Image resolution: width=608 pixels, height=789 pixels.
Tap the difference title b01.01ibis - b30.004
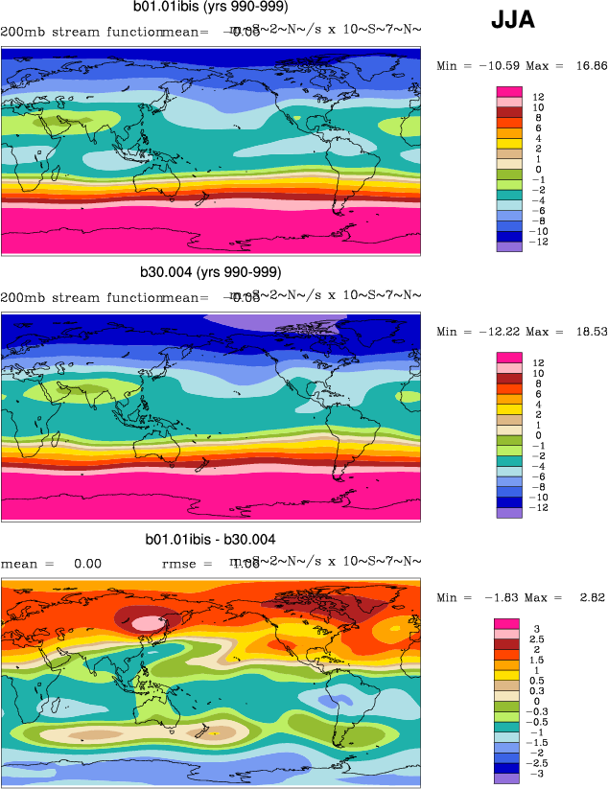coord(210,540)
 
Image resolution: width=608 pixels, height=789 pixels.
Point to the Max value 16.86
coord(588,66)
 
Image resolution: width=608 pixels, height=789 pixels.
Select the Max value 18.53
coord(588,332)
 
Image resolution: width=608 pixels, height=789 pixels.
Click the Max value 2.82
coord(588,598)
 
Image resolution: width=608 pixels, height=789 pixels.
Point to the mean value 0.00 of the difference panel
coord(87,564)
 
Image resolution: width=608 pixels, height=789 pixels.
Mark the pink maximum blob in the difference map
coord(147,622)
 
